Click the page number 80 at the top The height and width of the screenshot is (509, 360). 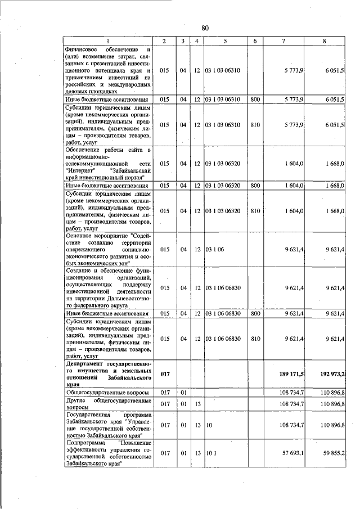pos(205,28)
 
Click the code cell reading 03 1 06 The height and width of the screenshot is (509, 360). pos(214,249)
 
